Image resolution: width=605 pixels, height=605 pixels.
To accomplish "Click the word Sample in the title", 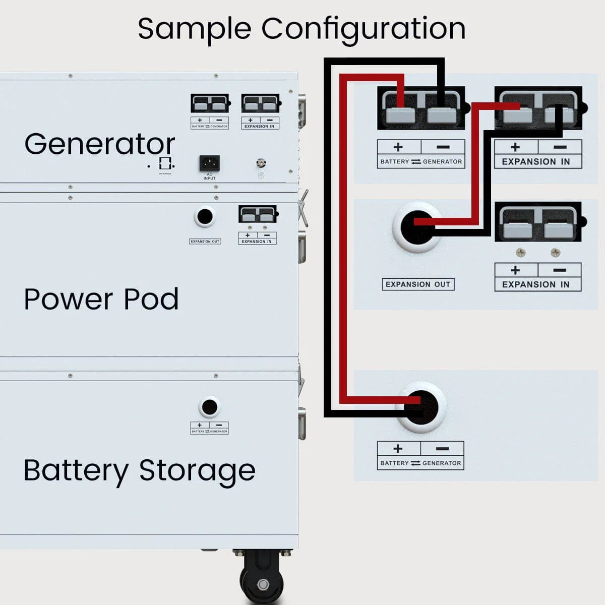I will [194, 29].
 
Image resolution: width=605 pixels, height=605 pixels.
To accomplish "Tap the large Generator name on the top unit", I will [100, 144].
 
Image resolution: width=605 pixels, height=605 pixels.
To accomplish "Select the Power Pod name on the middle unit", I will [101, 299].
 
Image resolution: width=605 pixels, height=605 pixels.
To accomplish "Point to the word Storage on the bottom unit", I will [197, 470].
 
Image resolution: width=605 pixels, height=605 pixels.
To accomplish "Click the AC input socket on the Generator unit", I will [209, 163].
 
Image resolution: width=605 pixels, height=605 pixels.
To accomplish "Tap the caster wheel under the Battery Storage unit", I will [263, 580].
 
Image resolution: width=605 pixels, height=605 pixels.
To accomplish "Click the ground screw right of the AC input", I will [261, 163].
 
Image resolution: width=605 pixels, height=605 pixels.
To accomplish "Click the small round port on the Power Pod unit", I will [204, 217].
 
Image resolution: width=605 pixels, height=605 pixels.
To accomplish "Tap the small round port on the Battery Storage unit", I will [209, 407].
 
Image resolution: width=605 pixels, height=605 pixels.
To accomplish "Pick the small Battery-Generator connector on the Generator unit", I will [210, 104].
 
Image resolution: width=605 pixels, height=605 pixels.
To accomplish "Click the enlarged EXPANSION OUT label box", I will [418, 284].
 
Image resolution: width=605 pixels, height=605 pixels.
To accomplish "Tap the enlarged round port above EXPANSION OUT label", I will [417, 227].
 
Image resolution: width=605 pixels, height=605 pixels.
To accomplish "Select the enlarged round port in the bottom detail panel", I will [421, 407].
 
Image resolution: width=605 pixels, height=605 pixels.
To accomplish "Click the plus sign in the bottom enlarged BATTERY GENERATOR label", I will [398, 448].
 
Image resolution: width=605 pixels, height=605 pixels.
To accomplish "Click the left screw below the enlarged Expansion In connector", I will [520, 252].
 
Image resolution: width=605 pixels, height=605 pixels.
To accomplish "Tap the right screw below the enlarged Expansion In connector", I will [555, 252].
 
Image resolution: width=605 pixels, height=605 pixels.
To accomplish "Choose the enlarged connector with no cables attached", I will [538, 222].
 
